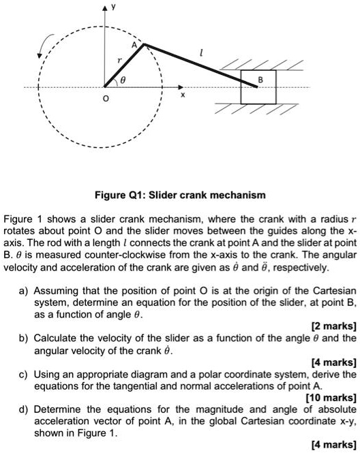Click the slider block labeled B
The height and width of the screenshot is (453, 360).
[258, 87]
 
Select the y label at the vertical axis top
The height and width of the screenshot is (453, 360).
[114, 6]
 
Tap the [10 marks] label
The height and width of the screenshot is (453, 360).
[331, 396]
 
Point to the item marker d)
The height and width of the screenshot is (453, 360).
[25, 409]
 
